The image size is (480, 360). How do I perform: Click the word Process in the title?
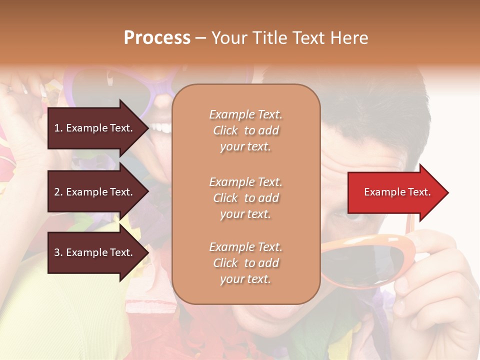157,37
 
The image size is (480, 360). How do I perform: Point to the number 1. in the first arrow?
58,128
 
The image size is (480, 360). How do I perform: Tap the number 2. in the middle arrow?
58,192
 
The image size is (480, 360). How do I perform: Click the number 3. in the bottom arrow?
58,252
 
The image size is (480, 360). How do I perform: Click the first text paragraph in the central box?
245,130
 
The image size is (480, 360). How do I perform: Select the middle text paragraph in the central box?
245,198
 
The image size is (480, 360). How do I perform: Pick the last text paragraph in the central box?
245,263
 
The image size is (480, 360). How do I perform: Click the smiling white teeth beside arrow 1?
161,128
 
